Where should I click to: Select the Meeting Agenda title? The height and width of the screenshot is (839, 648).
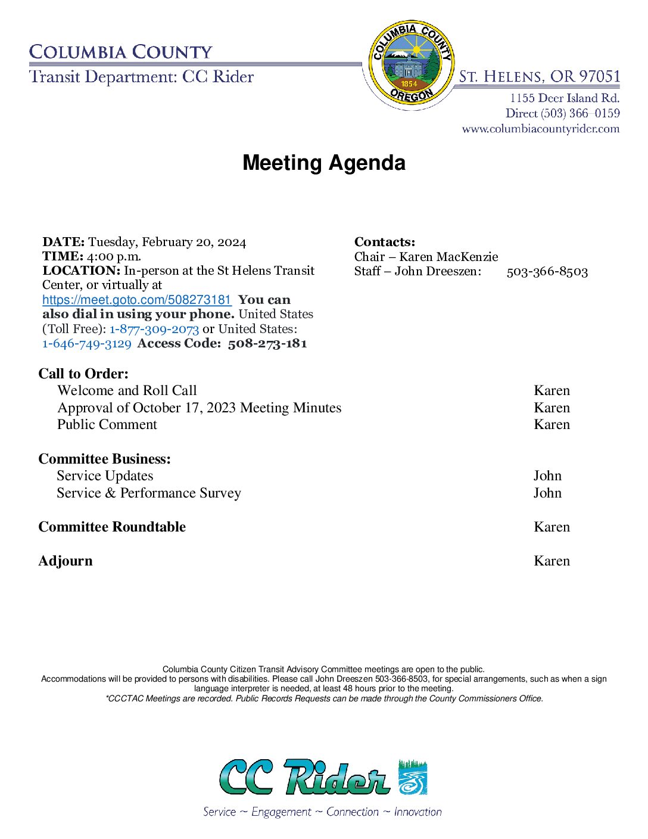pos(323,163)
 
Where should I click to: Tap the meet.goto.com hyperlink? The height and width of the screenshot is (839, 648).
pos(136,300)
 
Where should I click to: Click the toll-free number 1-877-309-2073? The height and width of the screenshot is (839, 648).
pos(154,329)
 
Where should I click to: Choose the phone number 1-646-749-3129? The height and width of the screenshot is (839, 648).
pos(87,343)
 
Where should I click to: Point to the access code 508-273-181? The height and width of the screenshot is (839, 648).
pos(267,343)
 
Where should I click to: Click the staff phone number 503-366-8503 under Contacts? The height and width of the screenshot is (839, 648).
pos(547,272)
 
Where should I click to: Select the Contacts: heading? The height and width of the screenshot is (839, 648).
pos(385,242)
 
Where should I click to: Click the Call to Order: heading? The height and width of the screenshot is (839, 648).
pos(83,374)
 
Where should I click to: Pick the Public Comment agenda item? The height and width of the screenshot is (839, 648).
pos(107,424)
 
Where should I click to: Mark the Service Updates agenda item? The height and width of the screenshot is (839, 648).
pos(105,476)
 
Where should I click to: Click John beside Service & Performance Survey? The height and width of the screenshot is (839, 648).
pos(547,493)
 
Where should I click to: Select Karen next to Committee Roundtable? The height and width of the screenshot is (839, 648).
pos(552,527)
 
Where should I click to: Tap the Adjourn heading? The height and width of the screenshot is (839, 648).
pos(66,561)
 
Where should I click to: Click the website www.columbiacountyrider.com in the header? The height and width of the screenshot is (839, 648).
pos(540,129)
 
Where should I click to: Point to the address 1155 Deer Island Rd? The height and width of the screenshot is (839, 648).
pos(564,98)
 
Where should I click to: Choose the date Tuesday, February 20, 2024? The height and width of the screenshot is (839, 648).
pos(167,242)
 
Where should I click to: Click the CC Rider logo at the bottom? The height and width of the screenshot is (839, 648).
pos(323,777)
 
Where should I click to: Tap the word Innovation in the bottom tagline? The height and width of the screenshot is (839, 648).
pos(418,812)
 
